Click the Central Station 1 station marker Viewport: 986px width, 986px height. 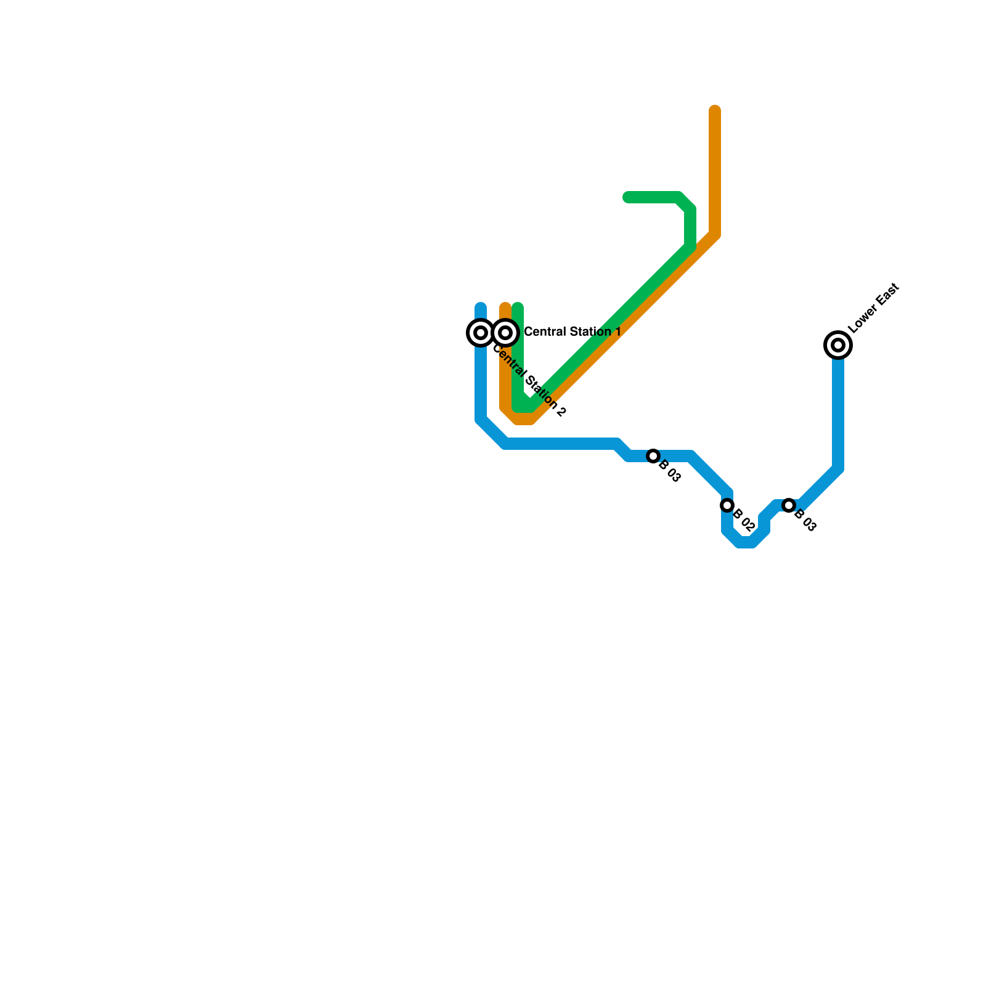point(505,333)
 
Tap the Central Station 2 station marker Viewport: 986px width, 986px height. point(481,333)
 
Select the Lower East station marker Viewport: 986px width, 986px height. point(838,345)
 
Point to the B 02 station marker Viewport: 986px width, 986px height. point(727,505)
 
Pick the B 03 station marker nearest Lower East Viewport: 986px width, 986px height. point(789,505)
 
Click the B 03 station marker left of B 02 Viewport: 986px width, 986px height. point(653,456)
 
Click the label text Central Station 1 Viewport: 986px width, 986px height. point(572,332)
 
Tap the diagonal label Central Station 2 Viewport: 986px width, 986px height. point(529,381)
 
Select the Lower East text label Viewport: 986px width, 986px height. point(874,308)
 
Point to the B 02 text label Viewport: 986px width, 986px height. point(744,521)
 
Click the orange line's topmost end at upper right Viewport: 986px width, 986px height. point(715,110)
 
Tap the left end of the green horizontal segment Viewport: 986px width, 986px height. point(627,197)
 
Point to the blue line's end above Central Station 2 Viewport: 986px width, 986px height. point(481,307)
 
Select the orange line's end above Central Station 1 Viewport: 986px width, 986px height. point(505,307)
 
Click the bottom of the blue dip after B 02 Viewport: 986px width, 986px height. point(746,542)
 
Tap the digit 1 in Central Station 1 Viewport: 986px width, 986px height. point(617,332)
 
